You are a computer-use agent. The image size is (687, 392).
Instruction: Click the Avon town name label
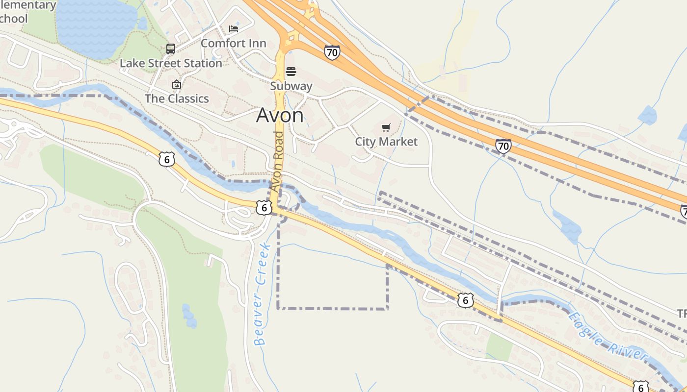pos(280,115)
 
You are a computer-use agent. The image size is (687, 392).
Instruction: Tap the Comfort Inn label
pos(234,43)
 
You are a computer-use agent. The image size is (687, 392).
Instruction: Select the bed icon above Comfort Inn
pos(234,28)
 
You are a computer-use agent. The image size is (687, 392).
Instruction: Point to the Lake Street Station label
pos(171,63)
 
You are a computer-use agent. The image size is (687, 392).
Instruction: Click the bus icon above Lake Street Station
pos(171,49)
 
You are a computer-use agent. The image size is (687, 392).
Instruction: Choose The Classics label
pos(177,98)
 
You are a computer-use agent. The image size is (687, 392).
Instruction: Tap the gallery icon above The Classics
pos(177,85)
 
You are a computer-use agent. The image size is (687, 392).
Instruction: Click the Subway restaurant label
pos(291,86)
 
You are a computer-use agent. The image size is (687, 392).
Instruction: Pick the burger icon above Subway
pos(291,72)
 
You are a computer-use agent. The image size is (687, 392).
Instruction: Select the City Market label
pos(386,142)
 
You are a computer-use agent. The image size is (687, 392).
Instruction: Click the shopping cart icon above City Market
pos(386,128)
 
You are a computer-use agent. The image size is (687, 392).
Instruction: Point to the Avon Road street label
pos(278,161)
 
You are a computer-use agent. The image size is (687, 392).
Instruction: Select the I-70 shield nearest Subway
pos(332,52)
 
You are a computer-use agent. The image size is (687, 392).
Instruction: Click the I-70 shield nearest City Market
pos(503,146)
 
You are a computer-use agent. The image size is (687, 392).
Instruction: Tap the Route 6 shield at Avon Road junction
pos(264,208)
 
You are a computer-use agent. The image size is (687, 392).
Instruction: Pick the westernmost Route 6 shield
pos(167,159)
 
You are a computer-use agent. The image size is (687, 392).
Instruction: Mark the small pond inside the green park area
pos(189,316)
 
